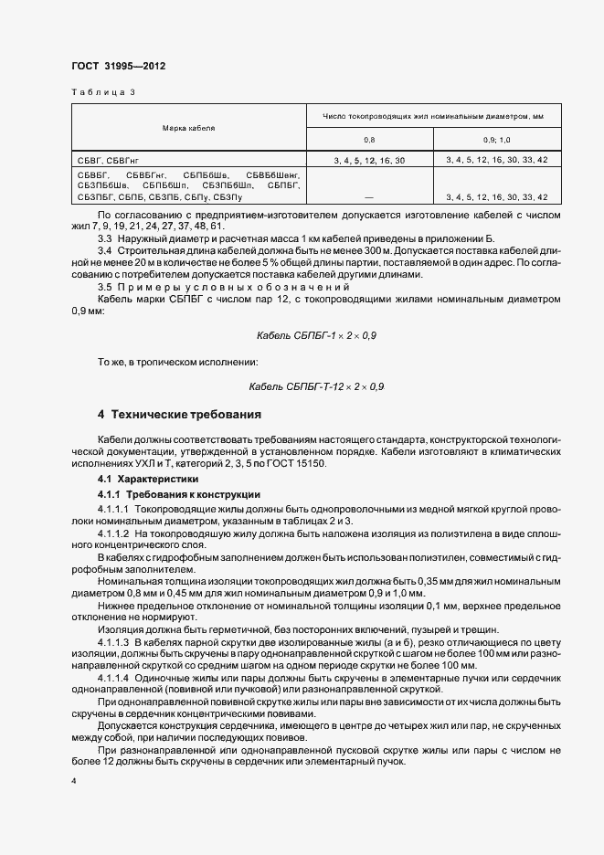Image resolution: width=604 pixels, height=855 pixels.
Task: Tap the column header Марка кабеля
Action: (x=188, y=128)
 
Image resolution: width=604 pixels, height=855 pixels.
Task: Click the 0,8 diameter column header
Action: (x=369, y=139)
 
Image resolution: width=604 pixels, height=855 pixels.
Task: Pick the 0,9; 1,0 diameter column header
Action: (x=497, y=139)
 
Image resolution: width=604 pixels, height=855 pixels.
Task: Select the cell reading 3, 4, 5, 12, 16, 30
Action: (x=369, y=160)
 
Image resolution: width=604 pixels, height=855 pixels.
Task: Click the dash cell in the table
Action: (x=369, y=196)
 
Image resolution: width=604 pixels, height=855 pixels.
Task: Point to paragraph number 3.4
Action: (x=105, y=250)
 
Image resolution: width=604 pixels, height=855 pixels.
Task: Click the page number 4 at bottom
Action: (x=74, y=782)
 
